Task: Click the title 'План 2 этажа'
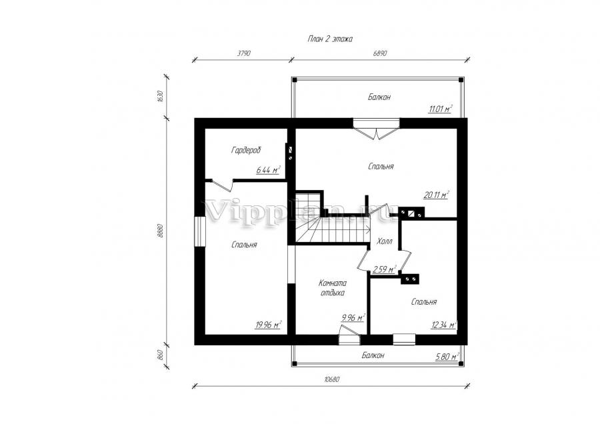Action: coord(330,39)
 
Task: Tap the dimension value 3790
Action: coord(244,53)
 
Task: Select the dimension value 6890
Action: coord(380,53)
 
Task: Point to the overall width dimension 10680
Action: coord(331,379)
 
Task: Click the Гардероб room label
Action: coord(246,151)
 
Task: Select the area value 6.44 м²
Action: coord(268,170)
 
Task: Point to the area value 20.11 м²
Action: coord(436,195)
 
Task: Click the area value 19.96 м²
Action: coord(268,325)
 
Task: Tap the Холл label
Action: coord(384,241)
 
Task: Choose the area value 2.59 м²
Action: coord(384,270)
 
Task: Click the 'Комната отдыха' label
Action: coord(333,288)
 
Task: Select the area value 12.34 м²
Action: coord(444,325)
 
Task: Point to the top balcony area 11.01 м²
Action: coord(440,109)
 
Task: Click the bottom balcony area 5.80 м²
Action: coord(447,357)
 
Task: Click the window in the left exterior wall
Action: coord(199,231)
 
